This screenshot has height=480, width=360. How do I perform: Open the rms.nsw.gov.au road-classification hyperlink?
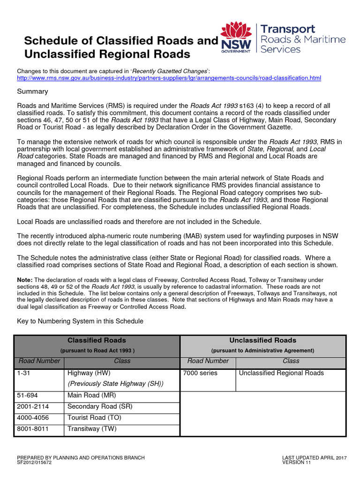(169, 77)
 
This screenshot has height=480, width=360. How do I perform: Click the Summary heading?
(32, 91)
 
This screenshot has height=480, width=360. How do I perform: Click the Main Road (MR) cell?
(92, 396)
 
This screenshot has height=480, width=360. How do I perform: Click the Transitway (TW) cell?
(92, 429)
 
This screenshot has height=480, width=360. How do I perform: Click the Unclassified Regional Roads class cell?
(281, 373)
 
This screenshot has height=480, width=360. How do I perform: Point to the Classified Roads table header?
(97, 340)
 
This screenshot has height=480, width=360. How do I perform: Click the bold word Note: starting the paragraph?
(24, 280)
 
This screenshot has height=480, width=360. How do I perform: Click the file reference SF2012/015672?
(34, 462)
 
